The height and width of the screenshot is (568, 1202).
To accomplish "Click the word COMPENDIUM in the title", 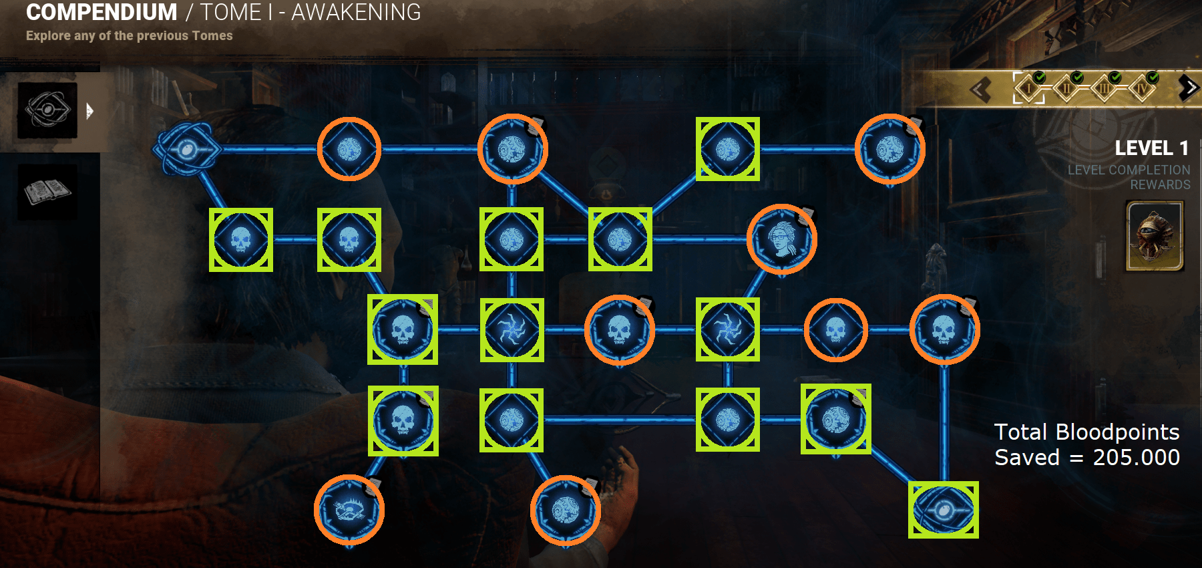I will point(102,13).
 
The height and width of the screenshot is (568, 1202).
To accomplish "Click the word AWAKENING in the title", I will point(356,13).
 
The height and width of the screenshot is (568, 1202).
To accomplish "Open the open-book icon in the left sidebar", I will point(47,192).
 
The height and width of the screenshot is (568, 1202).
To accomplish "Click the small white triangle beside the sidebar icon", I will point(89,111).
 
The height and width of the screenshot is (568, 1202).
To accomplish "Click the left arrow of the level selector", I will point(980,89).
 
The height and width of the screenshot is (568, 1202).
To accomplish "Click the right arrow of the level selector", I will point(1188,88).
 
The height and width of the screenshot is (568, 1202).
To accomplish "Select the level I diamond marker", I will point(1029,88).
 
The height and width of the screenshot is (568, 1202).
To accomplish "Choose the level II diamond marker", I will point(1067,88).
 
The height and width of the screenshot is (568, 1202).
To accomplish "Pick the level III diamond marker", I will point(1105,88).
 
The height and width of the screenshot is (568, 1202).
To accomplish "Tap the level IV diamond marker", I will point(1142,88).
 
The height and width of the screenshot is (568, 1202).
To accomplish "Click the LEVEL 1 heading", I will point(1151,148).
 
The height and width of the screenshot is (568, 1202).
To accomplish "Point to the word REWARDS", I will point(1160,184).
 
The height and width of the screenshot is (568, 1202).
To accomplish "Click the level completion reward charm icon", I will point(1155,236).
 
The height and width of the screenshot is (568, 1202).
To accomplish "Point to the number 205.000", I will point(1136,458).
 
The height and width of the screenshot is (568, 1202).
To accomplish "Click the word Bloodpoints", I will point(1117,432).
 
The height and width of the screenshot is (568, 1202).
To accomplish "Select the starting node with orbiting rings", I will point(186,149).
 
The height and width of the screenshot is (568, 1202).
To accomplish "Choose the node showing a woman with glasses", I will point(781,239).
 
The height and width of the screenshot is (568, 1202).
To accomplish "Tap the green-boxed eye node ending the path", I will point(943,510).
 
